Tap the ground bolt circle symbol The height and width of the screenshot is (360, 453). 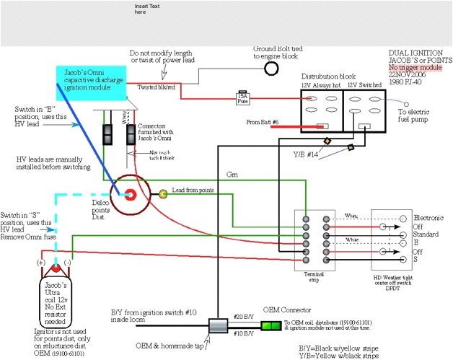coord(272,69)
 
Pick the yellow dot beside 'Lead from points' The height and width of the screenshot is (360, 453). coord(163,193)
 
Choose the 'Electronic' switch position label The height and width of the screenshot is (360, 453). coord(428,217)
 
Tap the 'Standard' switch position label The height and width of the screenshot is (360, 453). coord(426,234)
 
